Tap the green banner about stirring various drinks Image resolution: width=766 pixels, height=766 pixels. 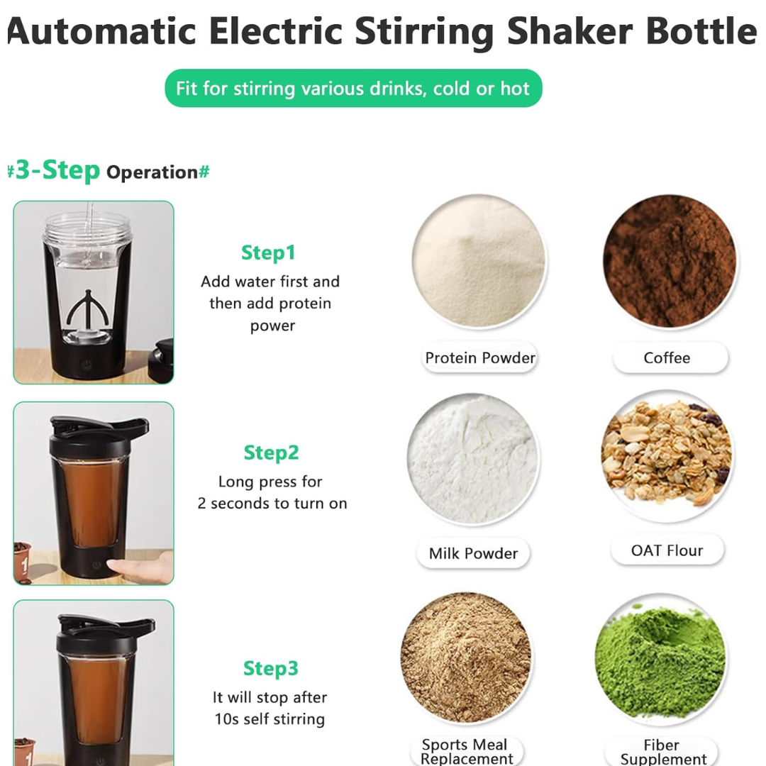(353, 89)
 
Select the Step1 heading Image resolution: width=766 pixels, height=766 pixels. (268, 253)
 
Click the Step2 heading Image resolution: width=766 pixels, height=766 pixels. (271, 453)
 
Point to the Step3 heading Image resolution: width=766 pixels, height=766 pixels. (271, 668)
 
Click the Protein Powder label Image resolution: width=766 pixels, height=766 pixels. (479, 357)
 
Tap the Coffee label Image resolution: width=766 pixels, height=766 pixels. (667, 357)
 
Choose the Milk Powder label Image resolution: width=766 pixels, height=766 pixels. (473, 553)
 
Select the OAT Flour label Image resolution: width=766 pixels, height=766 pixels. (667, 550)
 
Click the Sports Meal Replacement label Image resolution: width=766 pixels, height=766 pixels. (466, 751)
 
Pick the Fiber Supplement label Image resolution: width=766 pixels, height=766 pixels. (662, 752)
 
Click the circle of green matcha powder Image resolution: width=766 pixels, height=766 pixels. (660, 660)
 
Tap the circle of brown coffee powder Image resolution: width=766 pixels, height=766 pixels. (670, 261)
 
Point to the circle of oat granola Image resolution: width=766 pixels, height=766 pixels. (667, 456)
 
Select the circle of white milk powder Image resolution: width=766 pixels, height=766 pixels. (472, 458)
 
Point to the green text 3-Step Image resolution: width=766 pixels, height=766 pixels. (57, 170)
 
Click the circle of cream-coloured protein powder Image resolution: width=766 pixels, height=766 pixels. (479, 260)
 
